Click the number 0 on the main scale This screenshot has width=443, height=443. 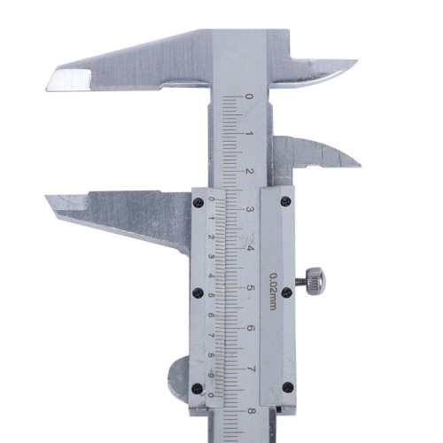tap(250, 97)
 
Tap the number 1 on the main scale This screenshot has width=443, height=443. tap(250, 134)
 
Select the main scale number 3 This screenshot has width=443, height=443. tap(251, 210)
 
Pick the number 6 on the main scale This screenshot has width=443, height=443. tap(251, 329)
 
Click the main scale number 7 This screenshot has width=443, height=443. tap(251, 369)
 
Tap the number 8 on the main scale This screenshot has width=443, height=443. tap(251, 408)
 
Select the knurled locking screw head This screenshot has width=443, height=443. tap(315, 281)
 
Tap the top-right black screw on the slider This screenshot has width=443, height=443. tap(284, 202)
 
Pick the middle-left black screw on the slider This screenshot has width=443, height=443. tap(198, 292)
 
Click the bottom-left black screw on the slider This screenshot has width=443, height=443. tap(198, 386)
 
